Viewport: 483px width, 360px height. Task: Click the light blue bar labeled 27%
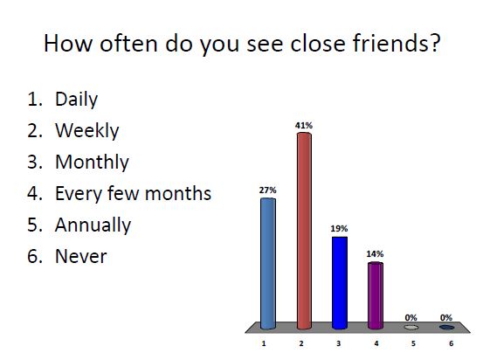pos(268,262)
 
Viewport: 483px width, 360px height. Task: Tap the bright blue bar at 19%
pos(340,281)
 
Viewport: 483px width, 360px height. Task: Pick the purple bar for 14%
pos(376,294)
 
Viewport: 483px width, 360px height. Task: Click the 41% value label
pos(304,126)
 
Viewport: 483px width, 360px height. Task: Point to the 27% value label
pos(268,189)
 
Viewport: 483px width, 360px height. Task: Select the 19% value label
pos(340,228)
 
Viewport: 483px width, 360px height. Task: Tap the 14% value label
pos(376,253)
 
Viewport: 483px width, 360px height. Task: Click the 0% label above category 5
pos(411,317)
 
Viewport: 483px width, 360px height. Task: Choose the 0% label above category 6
pos(446,317)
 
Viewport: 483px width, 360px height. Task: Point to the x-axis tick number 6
pos(451,343)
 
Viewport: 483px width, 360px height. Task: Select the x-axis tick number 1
pos(263,343)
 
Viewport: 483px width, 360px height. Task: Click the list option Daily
pos(76,100)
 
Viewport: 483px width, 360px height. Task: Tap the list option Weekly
pos(86,131)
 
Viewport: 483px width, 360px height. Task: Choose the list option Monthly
pos(92,163)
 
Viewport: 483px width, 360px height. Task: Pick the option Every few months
pos(133,194)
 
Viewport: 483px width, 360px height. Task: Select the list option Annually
pos(93,225)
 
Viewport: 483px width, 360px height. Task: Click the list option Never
pos(80,257)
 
